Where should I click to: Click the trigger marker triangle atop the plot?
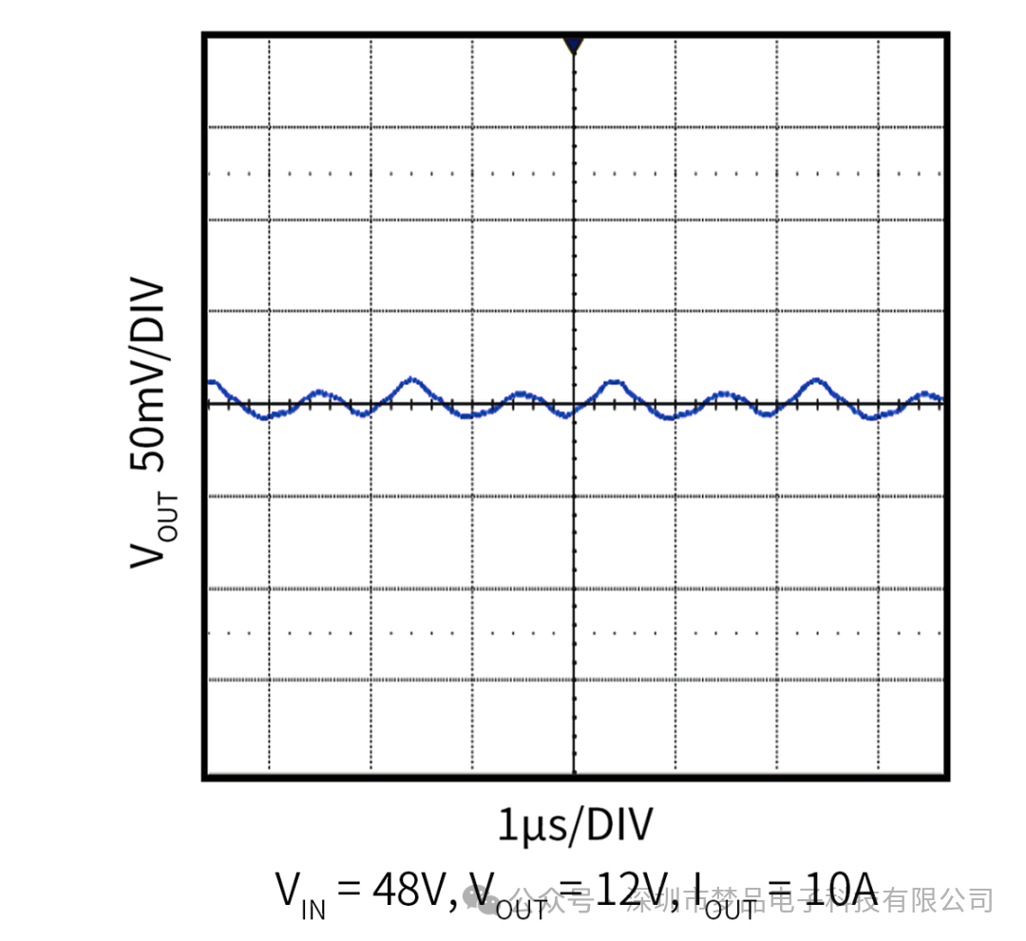572,44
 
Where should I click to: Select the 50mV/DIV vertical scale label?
148,375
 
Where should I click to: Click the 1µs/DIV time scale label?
576,825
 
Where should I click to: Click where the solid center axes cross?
573,404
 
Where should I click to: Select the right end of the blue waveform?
940,399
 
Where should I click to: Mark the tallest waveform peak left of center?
410,378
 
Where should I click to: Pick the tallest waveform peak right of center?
815,380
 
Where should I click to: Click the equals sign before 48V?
350,891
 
